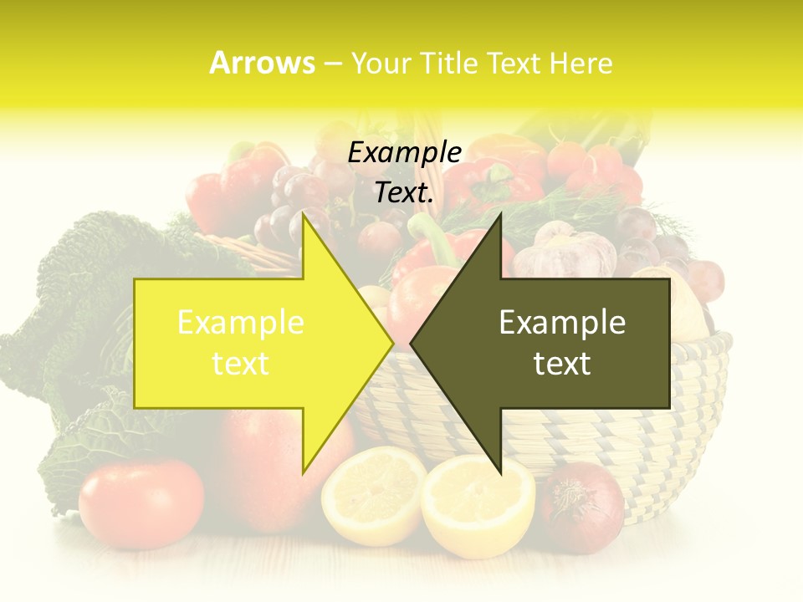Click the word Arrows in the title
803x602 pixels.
click(x=263, y=63)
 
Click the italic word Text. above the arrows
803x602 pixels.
click(x=404, y=192)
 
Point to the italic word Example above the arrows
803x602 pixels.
click(x=404, y=153)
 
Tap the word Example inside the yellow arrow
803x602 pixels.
click(x=241, y=323)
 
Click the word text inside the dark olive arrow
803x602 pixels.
click(x=562, y=364)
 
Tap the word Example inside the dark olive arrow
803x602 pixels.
click(x=562, y=323)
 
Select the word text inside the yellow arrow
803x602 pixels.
click(x=241, y=364)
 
